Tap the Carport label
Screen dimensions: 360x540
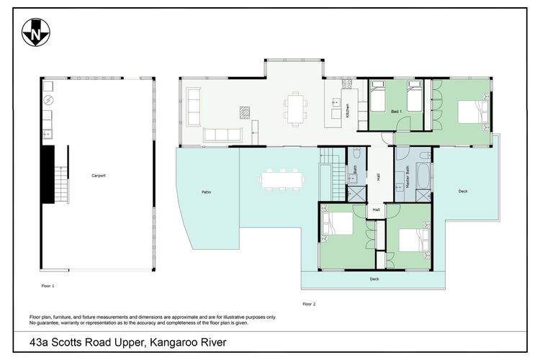point(99,176)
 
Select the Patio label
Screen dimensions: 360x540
point(206,192)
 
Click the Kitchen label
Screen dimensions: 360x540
point(348,111)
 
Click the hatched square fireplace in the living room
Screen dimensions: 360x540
point(246,112)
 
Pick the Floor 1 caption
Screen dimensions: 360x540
point(48,286)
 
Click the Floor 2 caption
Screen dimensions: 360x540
point(309,304)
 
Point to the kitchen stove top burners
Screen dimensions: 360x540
point(346,84)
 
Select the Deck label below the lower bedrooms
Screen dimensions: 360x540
point(374,279)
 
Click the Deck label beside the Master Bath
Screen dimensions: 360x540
point(462,191)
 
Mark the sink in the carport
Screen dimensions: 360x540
point(45,133)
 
